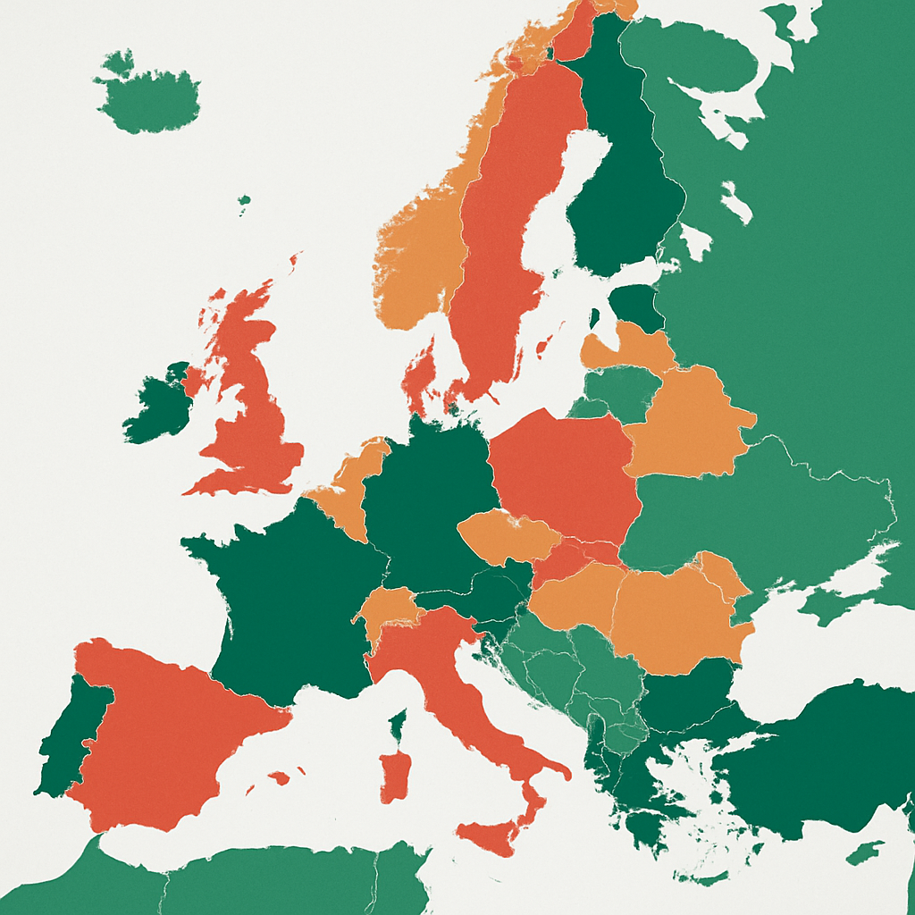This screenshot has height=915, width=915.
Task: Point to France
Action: click(x=286, y=599)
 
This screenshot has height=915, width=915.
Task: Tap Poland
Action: click(x=563, y=474)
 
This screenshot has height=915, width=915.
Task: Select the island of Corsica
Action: click(x=399, y=724)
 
